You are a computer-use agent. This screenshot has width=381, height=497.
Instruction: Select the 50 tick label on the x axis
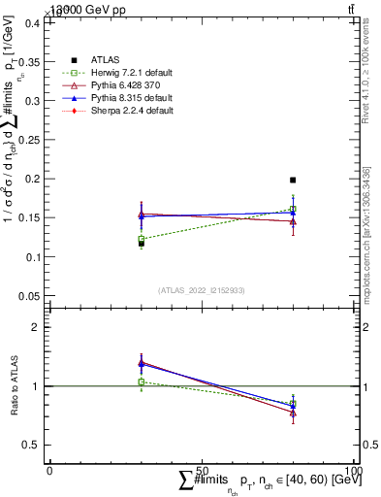pos(202,470)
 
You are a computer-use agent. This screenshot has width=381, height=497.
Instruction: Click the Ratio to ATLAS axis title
pos(13,384)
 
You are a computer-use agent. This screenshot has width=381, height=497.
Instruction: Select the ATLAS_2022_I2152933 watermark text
pos(202,290)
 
